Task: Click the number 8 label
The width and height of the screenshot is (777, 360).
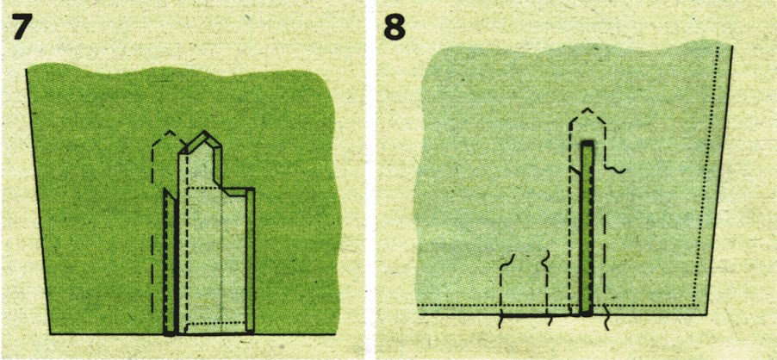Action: [395, 28]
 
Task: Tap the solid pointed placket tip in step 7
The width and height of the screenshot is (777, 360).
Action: [202, 133]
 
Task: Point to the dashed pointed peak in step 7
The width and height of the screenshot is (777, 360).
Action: [170, 133]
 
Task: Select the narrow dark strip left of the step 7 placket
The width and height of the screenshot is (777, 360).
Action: [169, 262]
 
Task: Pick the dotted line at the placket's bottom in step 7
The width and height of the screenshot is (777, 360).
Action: [216, 324]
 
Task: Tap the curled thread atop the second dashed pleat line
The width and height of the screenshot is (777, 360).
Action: [547, 258]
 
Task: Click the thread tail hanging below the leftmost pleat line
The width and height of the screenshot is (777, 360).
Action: [501, 321]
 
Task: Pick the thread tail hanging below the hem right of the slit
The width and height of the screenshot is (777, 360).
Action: [607, 322]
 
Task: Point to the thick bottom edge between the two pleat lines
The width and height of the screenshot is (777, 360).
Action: [525, 314]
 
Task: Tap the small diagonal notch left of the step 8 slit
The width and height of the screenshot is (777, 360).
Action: [575, 170]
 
